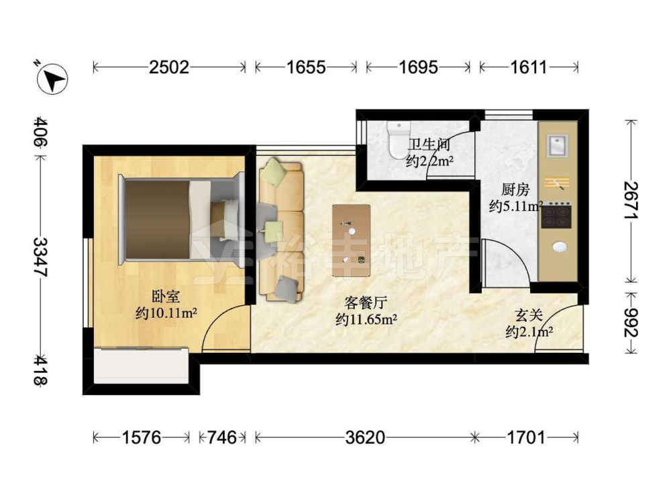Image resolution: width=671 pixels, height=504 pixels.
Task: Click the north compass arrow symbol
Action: point(52,79)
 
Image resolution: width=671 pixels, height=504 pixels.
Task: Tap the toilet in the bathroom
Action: point(398,140)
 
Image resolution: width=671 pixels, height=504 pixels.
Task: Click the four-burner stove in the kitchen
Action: point(556,215)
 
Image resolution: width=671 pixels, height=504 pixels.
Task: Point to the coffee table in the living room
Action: point(352,241)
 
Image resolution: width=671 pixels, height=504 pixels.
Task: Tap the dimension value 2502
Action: point(168,67)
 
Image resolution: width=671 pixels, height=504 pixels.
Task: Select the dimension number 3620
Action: point(365,437)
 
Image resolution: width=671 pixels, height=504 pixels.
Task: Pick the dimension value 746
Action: point(222,437)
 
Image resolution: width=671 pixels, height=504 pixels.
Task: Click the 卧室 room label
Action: point(166,296)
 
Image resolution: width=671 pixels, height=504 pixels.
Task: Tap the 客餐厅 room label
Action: point(366,303)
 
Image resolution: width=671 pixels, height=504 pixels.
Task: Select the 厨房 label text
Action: point(515,190)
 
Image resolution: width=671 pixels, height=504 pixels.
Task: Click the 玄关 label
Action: point(529,316)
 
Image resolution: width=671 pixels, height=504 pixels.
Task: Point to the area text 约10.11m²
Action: point(166,313)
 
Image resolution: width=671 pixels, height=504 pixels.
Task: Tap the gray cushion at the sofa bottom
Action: point(286,288)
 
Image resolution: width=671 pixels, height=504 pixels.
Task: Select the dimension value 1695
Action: point(418,67)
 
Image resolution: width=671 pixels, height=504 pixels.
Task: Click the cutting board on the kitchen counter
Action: point(557,183)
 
